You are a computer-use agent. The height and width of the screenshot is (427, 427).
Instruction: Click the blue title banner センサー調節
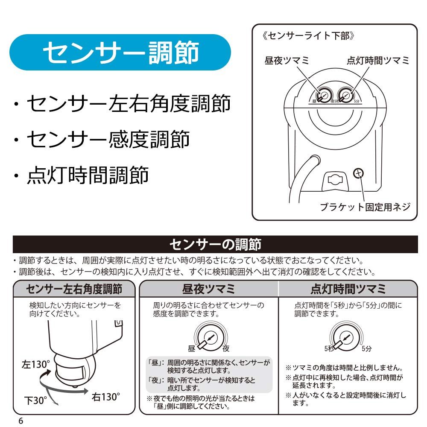(x=120, y=52)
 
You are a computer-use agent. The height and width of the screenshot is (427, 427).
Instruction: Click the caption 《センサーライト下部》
(x=308, y=35)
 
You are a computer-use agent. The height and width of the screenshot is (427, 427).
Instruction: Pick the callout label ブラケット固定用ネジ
(x=365, y=207)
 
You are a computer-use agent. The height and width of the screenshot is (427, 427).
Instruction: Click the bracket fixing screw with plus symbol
(x=358, y=173)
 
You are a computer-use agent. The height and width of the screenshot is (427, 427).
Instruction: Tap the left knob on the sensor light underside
(x=325, y=96)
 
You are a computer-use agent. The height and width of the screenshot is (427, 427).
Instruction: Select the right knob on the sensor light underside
(x=346, y=96)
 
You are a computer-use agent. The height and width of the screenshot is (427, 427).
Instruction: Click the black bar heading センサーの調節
(x=215, y=244)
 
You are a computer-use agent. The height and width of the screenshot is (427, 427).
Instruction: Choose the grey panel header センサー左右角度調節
(x=74, y=289)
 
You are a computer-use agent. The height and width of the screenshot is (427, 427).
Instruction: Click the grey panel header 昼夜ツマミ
(x=209, y=289)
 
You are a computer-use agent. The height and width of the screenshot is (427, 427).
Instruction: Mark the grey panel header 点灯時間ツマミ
(x=348, y=289)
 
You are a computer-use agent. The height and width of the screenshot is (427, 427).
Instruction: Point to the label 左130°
(x=36, y=364)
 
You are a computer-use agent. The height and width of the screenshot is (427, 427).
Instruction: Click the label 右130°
(x=105, y=397)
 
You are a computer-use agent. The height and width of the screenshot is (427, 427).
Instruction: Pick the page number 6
(x=20, y=421)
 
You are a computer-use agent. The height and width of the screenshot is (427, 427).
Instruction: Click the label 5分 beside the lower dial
(x=366, y=348)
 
